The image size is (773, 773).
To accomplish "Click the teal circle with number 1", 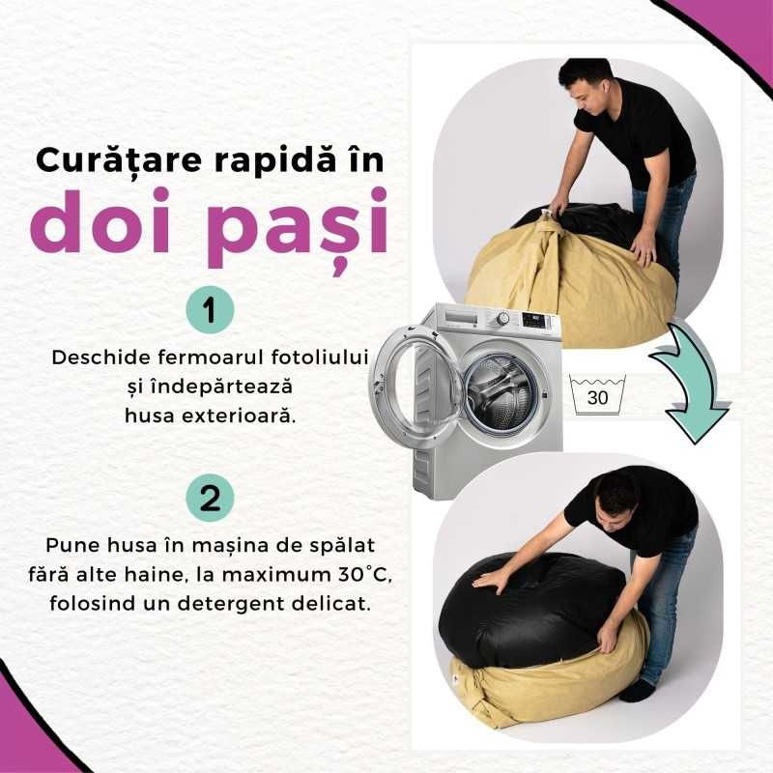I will (210, 311).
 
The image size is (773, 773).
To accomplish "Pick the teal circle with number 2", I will (210, 499).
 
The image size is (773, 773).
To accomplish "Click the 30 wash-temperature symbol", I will (598, 395).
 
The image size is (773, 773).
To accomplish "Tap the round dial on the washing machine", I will (501, 318).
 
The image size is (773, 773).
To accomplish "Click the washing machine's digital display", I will (534, 317).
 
